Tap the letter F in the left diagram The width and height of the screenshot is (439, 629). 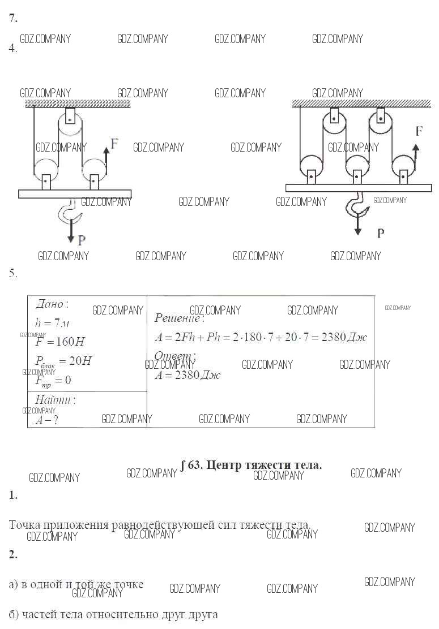(x=114, y=143)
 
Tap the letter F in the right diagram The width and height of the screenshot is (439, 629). (x=419, y=131)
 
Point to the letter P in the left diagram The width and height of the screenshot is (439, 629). (x=82, y=240)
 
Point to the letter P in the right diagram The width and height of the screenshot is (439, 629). (x=381, y=233)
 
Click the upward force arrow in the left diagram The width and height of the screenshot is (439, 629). (x=106, y=157)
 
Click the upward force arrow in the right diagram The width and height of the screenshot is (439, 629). (x=416, y=153)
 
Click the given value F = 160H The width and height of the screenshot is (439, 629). (x=59, y=342)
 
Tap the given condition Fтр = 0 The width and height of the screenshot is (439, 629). (x=53, y=380)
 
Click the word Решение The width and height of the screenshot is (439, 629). (x=179, y=318)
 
